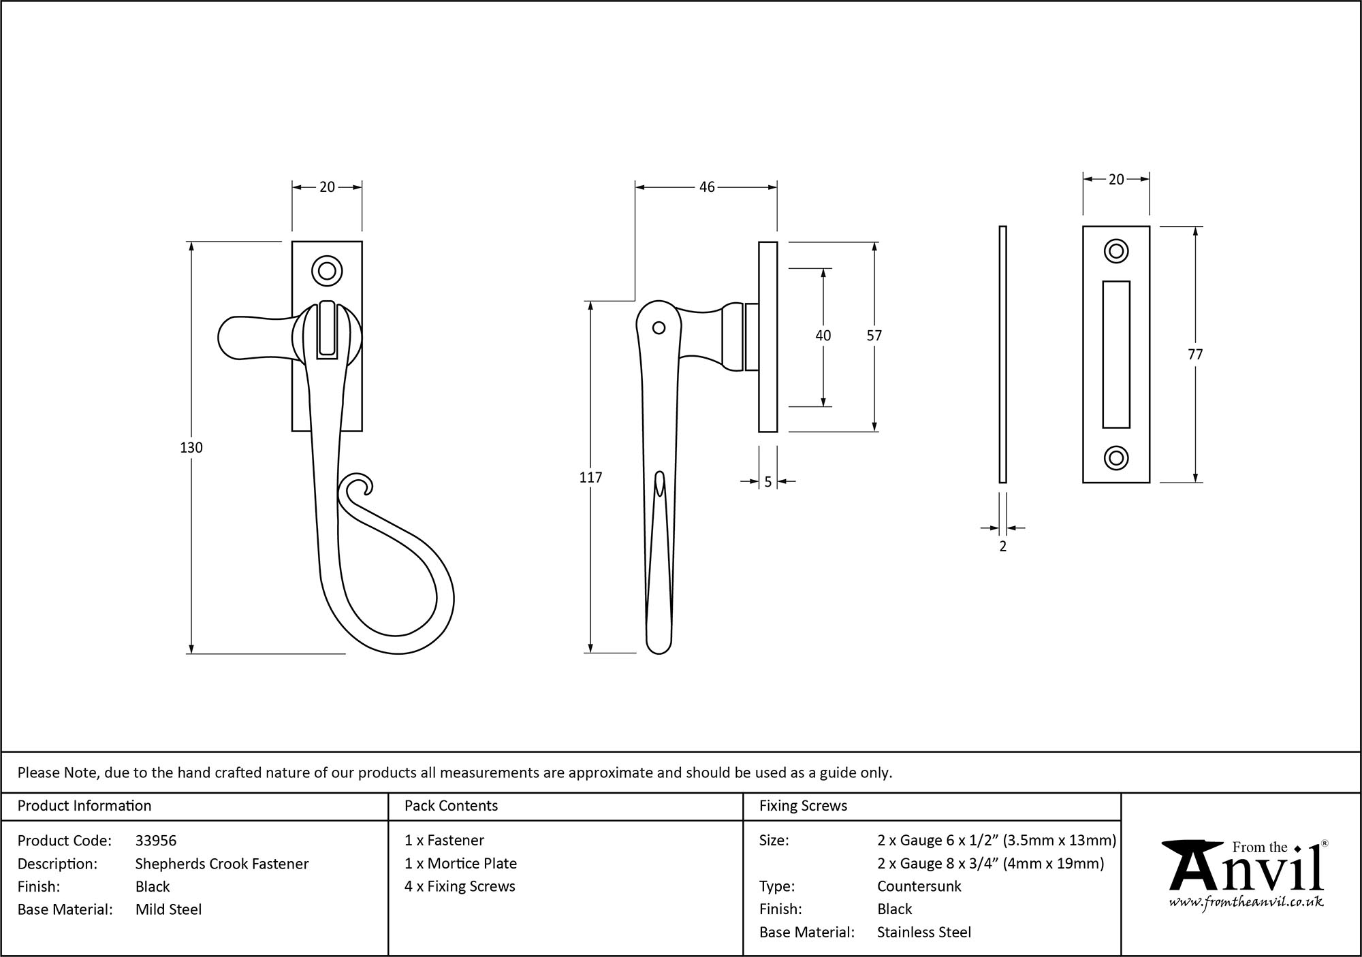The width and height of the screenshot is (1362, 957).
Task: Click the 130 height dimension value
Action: (x=191, y=447)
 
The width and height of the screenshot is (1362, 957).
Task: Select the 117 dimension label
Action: (x=590, y=478)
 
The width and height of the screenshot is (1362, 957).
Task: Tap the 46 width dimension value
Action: (x=707, y=186)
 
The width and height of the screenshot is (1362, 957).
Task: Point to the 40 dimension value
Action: (x=823, y=336)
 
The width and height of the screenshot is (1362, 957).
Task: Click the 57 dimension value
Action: (x=874, y=336)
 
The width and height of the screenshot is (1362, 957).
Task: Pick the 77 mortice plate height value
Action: (x=1195, y=354)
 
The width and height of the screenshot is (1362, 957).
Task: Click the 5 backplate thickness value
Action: (x=767, y=482)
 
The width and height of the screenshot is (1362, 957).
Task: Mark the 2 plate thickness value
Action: (x=1002, y=546)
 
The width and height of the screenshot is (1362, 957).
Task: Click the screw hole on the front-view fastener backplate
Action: (x=327, y=270)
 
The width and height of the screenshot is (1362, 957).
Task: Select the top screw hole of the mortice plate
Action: (x=1115, y=251)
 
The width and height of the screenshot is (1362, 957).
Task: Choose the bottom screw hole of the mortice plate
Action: (x=1115, y=458)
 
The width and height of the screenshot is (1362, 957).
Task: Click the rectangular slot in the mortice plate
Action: (x=1115, y=354)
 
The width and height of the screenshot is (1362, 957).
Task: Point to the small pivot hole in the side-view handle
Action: (x=659, y=328)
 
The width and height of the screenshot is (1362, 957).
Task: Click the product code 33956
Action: (x=156, y=841)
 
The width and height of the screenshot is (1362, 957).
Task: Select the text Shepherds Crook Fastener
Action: (x=222, y=864)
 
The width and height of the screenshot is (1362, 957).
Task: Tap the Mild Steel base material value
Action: (x=168, y=909)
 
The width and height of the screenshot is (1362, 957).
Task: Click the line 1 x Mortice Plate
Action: (x=460, y=863)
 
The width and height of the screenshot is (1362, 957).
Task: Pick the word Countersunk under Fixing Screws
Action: (x=919, y=886)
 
